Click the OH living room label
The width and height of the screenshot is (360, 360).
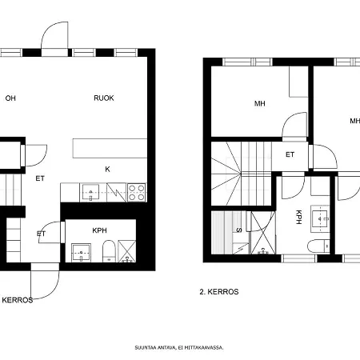click(10, 98)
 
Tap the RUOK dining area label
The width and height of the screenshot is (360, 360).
click(104, 98)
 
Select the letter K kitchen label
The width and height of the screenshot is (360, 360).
click(107, 169)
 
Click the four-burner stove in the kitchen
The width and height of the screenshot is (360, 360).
click(137, 193)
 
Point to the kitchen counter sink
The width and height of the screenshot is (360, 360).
click(90, 192)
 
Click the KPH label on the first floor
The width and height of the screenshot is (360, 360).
click(99, 230)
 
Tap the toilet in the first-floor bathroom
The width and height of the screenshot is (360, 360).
click(109, 251)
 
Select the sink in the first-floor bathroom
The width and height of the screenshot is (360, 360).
click(81, 253)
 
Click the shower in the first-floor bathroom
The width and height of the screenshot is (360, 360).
click(126, 251)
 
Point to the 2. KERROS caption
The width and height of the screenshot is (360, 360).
click(219, 292)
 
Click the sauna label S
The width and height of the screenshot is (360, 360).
click(239, 230)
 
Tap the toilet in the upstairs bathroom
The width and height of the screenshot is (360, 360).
click(318, 246)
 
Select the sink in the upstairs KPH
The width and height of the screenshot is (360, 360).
click(320, 218)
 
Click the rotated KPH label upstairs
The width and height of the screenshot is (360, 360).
click(299, 217)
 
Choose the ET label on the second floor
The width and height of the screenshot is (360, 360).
click(290, 154)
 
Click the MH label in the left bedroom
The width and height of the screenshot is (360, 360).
click(260, 103)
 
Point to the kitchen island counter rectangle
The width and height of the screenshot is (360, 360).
click(110, 148)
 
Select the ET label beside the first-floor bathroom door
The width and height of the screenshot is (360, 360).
click(41, 234)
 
